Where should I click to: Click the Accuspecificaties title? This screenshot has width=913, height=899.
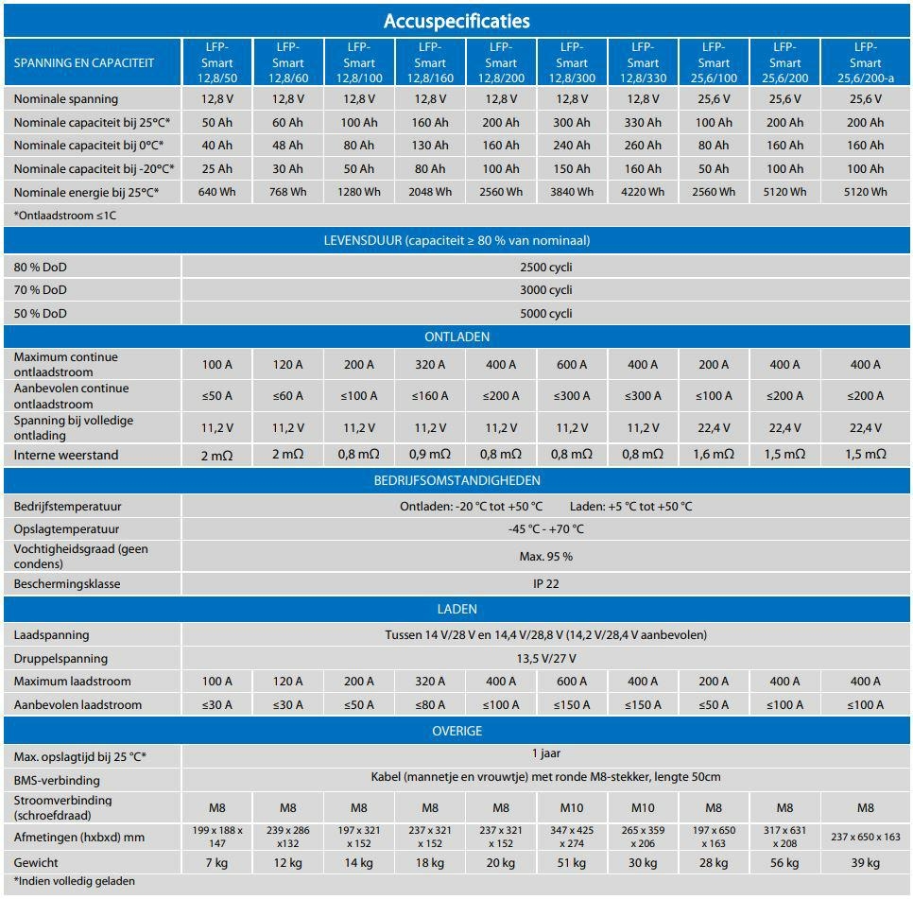click(456, 20)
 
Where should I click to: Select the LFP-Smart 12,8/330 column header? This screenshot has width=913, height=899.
click(643, 63)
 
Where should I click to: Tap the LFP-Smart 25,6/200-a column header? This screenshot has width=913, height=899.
click(865, 63)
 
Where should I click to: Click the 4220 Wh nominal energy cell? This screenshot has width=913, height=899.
click(643, 192)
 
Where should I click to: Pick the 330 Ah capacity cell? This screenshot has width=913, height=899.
click(643, 122)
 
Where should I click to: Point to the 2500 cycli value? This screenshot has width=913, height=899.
click(546, 267)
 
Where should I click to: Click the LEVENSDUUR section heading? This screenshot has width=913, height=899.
click(456, 240)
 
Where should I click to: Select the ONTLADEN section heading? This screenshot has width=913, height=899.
click(456, 337)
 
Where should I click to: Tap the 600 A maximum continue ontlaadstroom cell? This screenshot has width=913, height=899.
click(572, 365)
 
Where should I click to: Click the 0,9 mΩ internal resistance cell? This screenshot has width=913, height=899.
click(430, 455)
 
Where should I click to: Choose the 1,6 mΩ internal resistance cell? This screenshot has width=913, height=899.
click(714, 455)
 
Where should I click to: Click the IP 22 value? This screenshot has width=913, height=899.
click(546, 583)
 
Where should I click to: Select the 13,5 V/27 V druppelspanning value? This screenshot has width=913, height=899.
click(546, 658)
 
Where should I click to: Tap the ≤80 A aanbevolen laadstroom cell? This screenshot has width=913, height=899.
click(430, 704)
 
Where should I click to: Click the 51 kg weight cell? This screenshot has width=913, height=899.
click(572, 863)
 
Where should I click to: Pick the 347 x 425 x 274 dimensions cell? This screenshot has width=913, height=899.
click(572, 837)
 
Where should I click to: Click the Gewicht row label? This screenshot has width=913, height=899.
click(35, 863)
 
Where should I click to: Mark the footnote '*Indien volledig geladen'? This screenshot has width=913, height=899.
click(75, 881)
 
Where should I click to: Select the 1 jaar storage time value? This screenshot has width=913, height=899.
click(546, 753)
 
